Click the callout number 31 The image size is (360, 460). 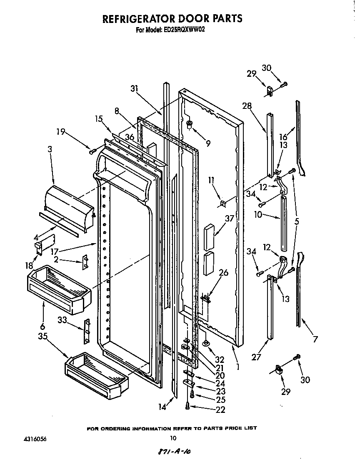coord(134,89)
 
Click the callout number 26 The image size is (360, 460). coord(224,273)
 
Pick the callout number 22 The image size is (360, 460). coord(220,410)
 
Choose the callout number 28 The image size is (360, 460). coord(247,106)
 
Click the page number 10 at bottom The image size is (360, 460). coord(173,438)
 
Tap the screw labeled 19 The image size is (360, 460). coord(92,151)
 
